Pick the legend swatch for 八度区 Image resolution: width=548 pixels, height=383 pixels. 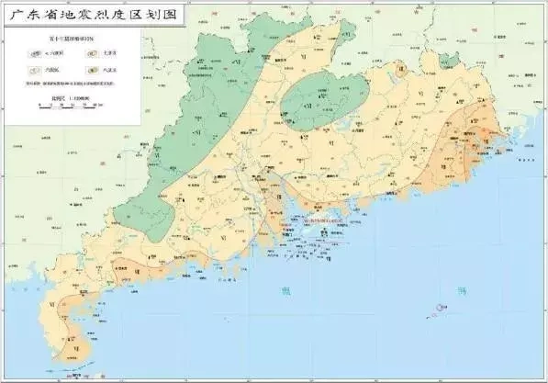(x=91, y=71)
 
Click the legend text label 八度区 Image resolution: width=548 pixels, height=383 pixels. (x=109, y=71)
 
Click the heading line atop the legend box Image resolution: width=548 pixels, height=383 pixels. (x=73, y=39)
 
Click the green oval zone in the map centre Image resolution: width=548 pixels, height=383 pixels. (x=326, y=92)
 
